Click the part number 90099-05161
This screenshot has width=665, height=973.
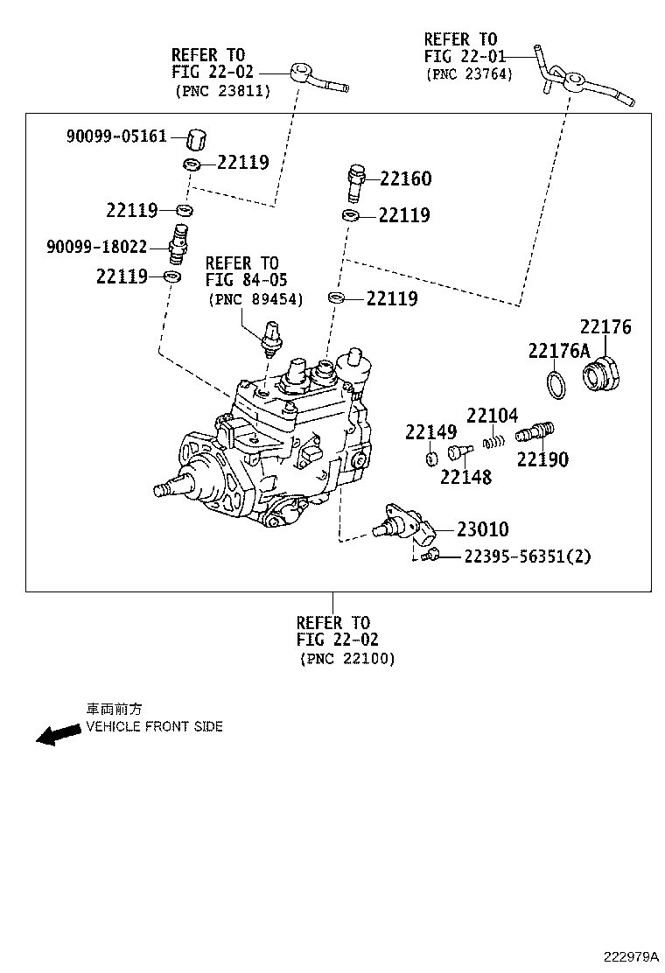(x=116, y=136)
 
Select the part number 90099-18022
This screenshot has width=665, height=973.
(x=96, y=248)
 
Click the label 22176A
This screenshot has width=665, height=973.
(x=559, y=351)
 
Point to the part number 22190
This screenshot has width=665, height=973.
(x=542, y=459)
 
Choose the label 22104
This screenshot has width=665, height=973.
(x=492, y=416)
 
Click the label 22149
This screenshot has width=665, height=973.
(x=430, y=432)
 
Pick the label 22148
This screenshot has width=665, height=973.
(x=465, y=477)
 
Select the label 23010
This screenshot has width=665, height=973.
(x=482, y=529)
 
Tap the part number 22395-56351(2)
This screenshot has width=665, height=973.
(x=527, y=556)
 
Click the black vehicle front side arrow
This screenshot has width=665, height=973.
(x=58, y=734)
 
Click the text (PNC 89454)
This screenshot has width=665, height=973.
(x=255, y=299)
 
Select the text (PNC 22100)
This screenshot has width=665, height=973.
(x=347, y=658)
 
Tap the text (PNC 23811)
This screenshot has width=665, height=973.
(x=222, y=90)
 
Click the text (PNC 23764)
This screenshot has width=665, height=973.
(x=469, y=74)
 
